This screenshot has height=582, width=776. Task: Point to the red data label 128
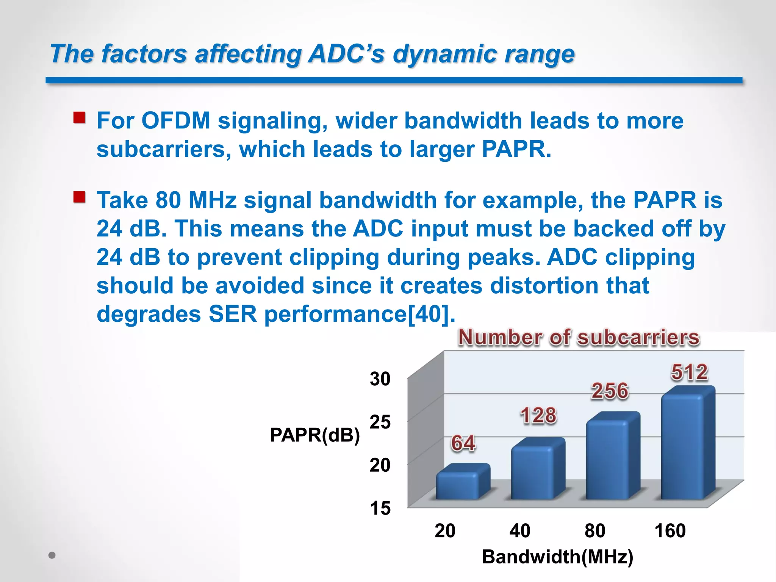click(538, 415)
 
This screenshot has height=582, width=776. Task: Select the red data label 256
click(610, 391)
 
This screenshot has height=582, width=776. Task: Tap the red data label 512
click(689, 372)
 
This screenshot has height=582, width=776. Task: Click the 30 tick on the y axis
click(380, 379)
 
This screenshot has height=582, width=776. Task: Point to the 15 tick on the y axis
click(380, 508)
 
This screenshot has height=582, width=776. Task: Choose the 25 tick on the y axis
click(380, 422)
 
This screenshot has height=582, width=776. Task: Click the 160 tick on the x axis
click(670, 530)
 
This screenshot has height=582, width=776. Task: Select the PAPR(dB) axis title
click(315, 435)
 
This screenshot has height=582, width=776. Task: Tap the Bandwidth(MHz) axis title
click(557, 557)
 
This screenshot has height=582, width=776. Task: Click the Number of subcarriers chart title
click(579, 337)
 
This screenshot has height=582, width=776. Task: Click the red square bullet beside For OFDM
click(79, 118)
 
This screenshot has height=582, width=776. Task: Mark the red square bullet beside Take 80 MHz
click(79, 197)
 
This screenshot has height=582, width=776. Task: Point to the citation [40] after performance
click(430, 314)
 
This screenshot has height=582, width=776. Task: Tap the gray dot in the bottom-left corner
click(52, 555)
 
